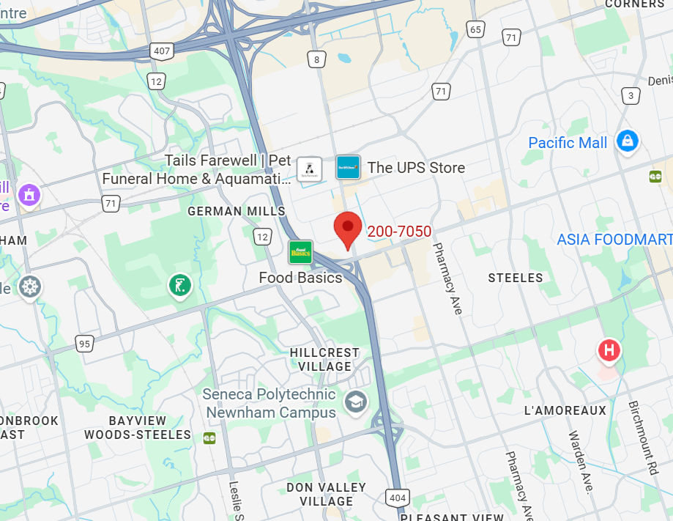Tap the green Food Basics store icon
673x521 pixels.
(x=300, y=253)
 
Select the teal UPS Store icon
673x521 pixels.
(x=348, y=168)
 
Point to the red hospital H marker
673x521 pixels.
(x=609, y=351)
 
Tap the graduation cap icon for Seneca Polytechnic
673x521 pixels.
(x=356, y=402)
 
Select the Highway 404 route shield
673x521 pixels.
(x=398, y=498)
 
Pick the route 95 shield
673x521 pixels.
(x=85, y=343)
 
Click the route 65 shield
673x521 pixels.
(x=476, y=29)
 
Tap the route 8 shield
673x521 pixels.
(x=316, y=59)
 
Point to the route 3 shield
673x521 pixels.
(x=630, y=95)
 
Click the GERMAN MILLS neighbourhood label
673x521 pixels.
(x=237, y=211)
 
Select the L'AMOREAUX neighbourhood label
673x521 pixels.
(x=565, y=410)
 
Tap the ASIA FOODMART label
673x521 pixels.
(x=614, y=240)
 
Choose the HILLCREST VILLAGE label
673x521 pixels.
(x=324, y=359)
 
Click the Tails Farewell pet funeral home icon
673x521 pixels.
(x=309, y=169)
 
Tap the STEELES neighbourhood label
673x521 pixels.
(x=516, y=278)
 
